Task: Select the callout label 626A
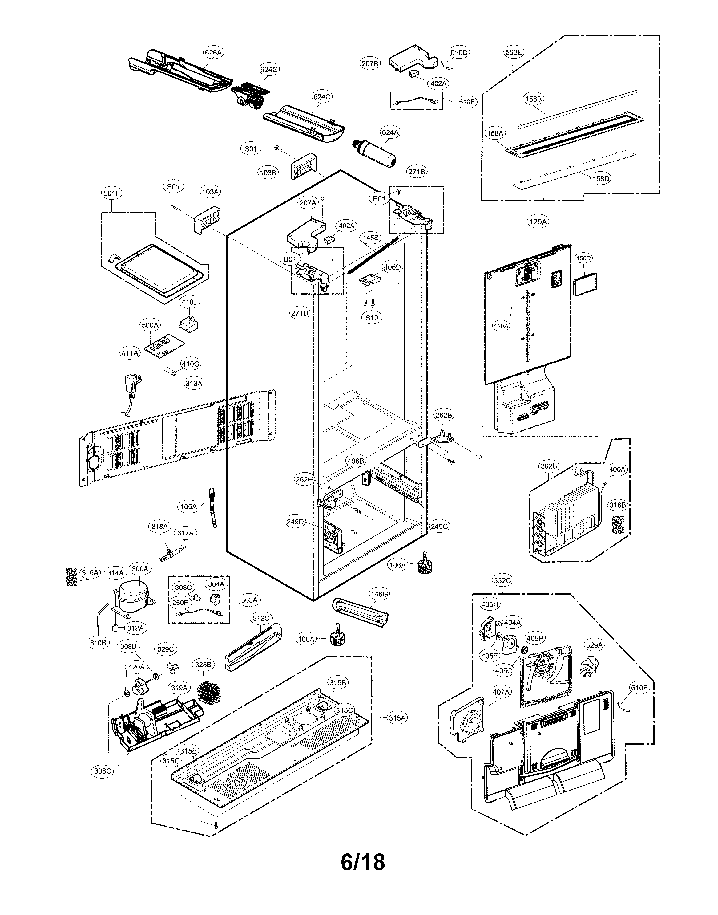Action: [213, 53]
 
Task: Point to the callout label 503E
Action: [513, 53]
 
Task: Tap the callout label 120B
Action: [501, 326]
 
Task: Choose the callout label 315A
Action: [397, 718]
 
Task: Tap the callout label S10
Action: [372, 318]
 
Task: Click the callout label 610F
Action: [467, 102]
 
